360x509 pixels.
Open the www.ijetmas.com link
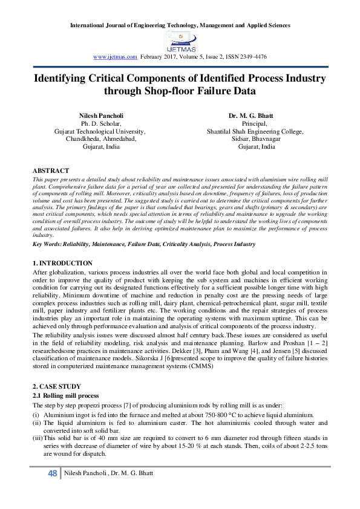pyautogui.click(x=116, y=56)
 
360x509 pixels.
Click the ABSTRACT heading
pyautogui.click(x=51, y=171)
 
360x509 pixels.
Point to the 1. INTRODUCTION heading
pyautogui.click(x=62, y=263)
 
